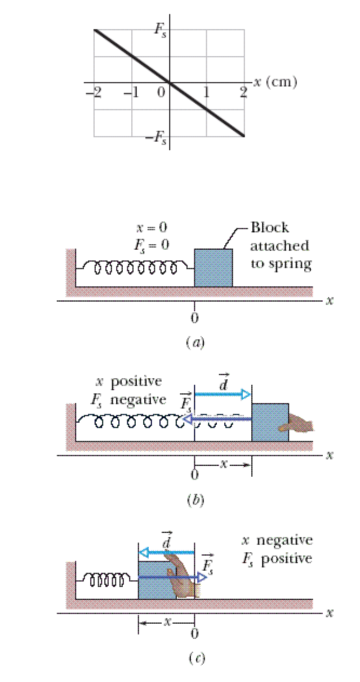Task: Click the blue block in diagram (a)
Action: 214,268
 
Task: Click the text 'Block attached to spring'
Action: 279,245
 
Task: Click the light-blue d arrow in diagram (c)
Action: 166,552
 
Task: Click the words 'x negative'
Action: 277,540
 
